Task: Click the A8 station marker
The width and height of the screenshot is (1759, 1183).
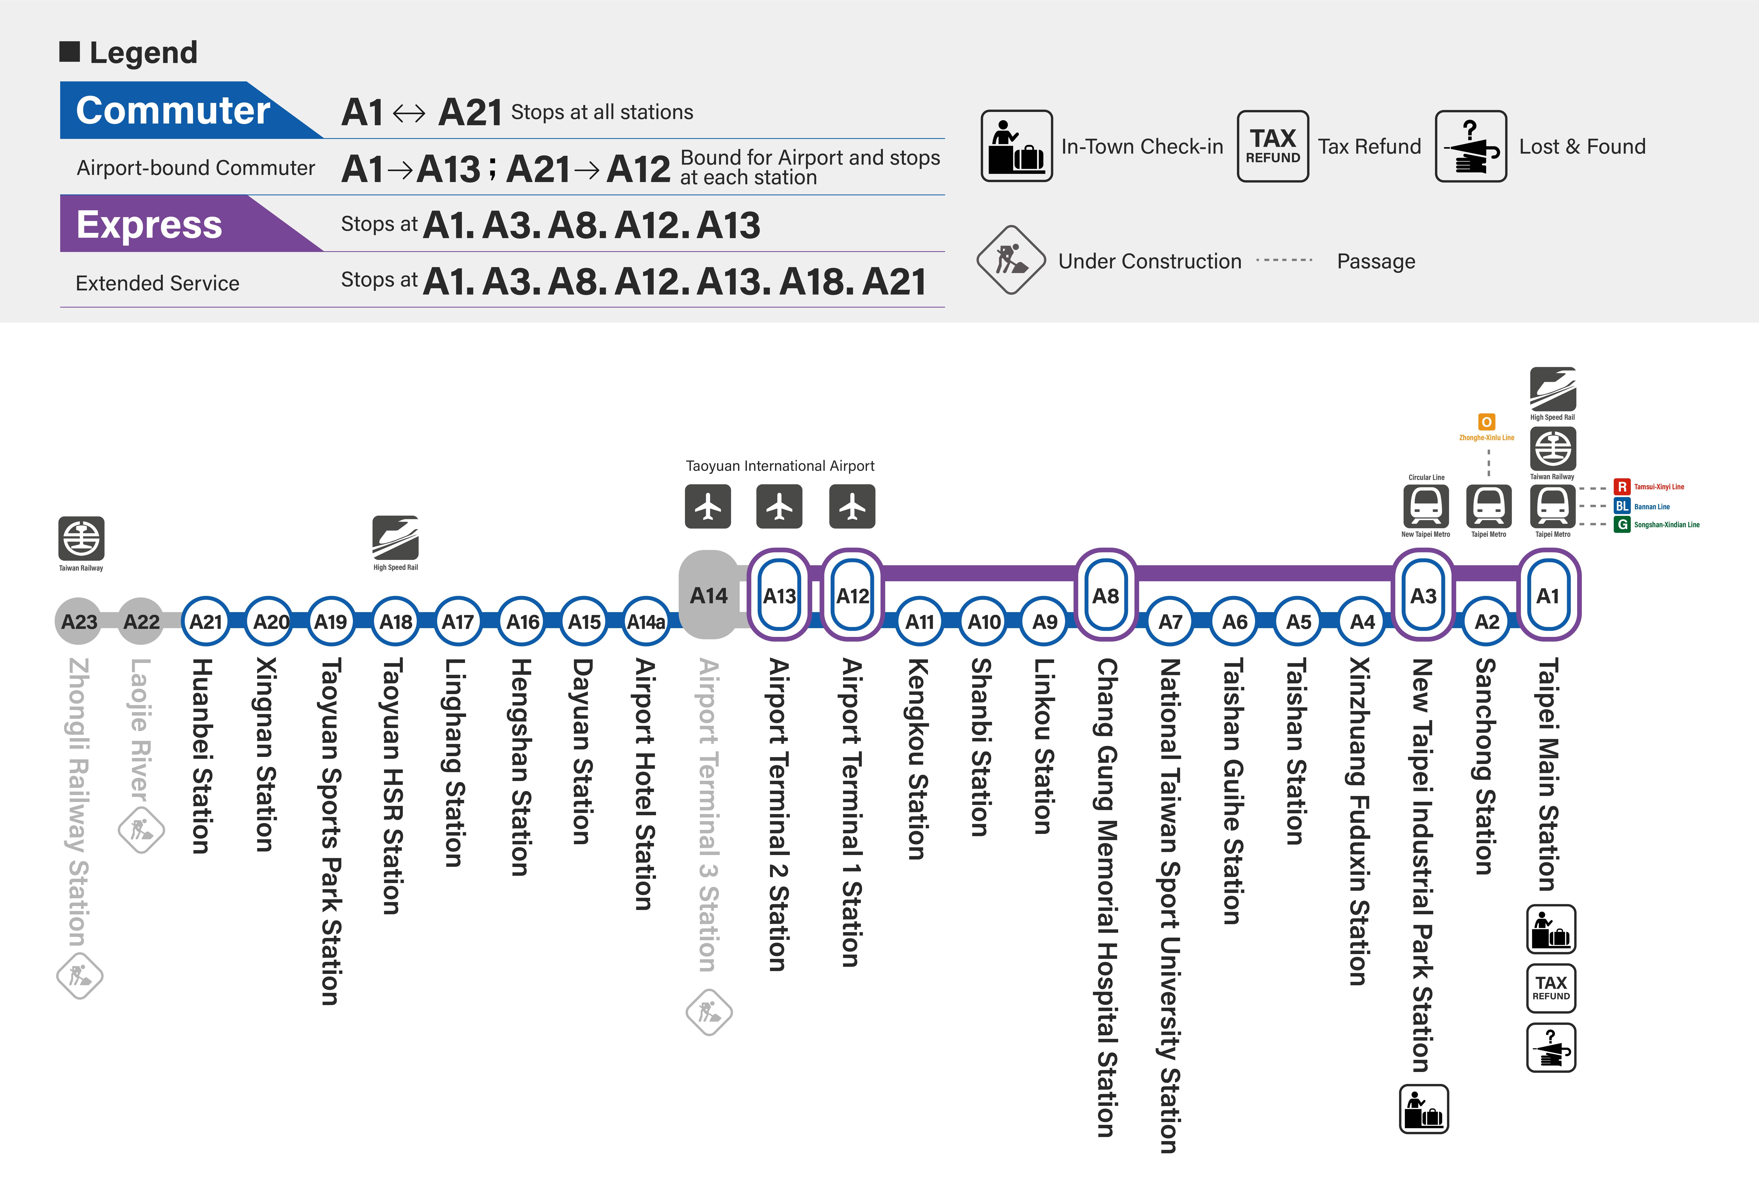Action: [1105, 595]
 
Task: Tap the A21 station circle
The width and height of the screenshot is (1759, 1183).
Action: [205, 622]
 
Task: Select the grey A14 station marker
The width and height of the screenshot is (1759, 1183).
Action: [708, 595]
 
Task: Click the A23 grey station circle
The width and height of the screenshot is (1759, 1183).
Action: [78, 622]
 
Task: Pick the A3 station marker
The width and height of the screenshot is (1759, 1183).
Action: [1423, 595]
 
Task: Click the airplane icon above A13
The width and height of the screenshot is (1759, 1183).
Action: [779, 506]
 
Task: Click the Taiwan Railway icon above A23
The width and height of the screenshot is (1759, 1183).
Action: [81, 538]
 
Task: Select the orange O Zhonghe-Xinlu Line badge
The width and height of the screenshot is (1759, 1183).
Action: [1486, 422]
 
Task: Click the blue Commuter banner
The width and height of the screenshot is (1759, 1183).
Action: [173, 110]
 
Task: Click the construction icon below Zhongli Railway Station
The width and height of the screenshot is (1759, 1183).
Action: [79, 976]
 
